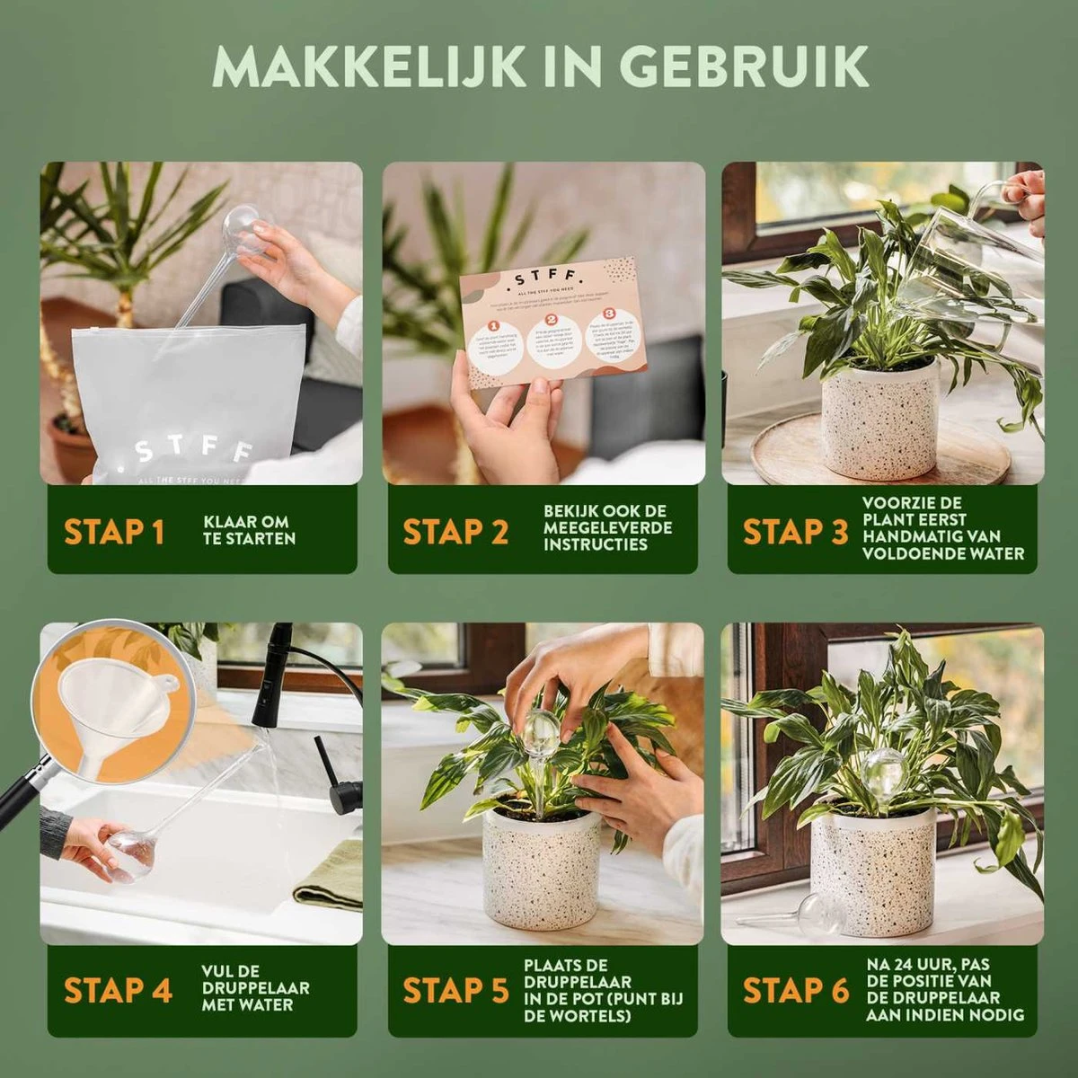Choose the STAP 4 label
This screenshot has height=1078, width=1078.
[118, 990]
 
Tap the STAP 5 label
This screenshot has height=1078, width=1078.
[455, 990]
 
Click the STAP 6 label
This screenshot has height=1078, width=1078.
[795, 990]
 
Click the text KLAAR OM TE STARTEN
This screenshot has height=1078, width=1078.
[249, 530]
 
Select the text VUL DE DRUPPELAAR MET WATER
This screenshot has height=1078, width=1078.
[255, 988]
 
